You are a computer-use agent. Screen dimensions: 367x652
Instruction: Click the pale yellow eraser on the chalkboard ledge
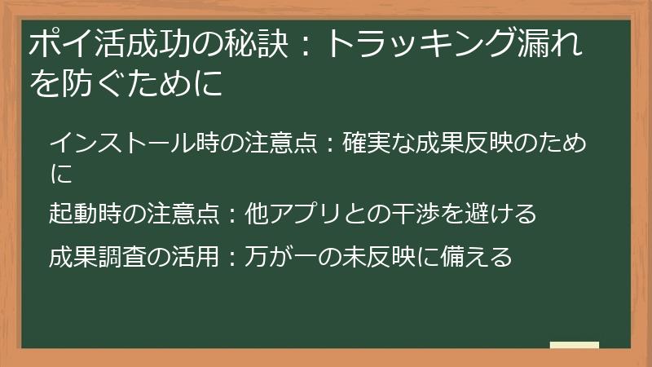(574, 345)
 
